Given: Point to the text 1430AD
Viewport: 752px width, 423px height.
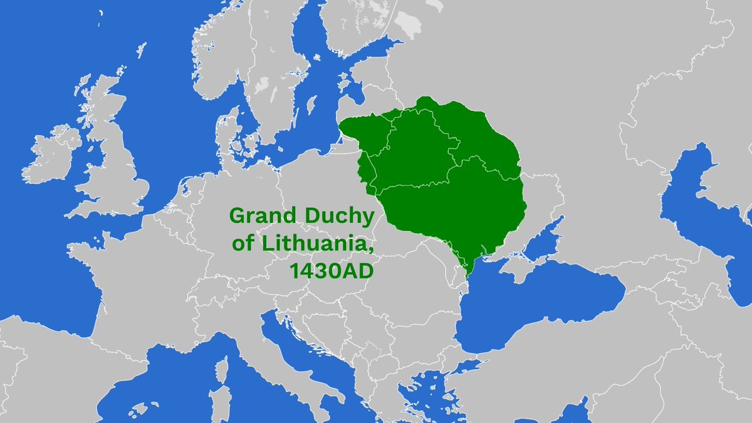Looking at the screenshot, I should [x=335, y=270].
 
